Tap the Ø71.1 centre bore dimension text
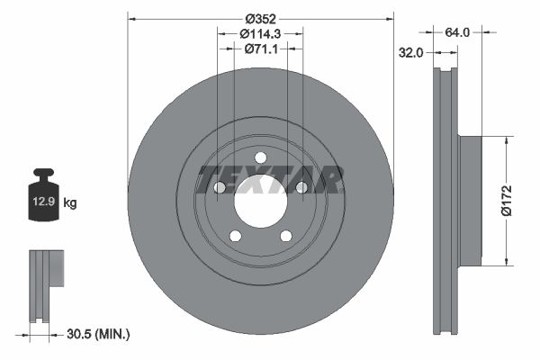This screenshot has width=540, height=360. (261, 49)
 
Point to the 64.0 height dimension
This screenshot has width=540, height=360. (459, 31)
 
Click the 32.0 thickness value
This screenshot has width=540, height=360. (410, 52)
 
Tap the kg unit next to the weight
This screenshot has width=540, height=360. (70, 203)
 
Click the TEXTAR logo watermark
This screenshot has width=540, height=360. (270, 178)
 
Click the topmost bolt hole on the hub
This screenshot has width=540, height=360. (261, 158)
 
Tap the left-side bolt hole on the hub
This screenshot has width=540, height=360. (219, 187)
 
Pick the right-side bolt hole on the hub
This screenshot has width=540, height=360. (302, 187)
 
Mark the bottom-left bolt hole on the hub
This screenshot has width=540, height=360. (235, 236)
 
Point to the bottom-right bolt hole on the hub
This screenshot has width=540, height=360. (286, 236)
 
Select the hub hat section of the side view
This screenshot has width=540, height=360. (472, 201)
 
